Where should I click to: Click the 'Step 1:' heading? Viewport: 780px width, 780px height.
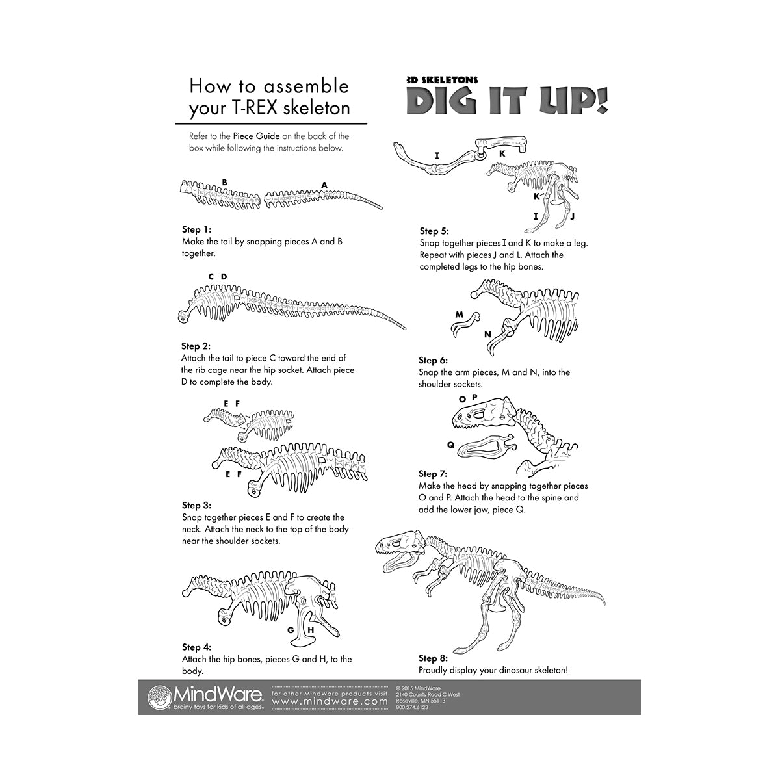coord(196,229)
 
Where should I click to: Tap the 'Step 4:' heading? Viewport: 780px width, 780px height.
coord(196,647)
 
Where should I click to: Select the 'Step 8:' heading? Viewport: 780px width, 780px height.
coord(433,658)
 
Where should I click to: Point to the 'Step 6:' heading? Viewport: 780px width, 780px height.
coord(433,360)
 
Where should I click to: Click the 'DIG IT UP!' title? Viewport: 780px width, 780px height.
coord(508,101)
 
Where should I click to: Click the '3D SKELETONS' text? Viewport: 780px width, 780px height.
coord(442,80)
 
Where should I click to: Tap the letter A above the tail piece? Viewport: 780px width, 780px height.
coord(324,185)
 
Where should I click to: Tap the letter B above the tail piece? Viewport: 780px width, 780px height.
coord(224,183)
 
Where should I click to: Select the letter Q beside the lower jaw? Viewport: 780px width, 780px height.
coord(450,445)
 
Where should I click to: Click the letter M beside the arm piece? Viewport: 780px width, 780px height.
coord(459,315)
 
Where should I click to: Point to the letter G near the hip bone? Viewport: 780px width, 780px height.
coord(291,630)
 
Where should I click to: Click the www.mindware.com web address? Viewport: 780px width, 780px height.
coord(330,702)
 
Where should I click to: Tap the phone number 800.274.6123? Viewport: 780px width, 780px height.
coord(412,707)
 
